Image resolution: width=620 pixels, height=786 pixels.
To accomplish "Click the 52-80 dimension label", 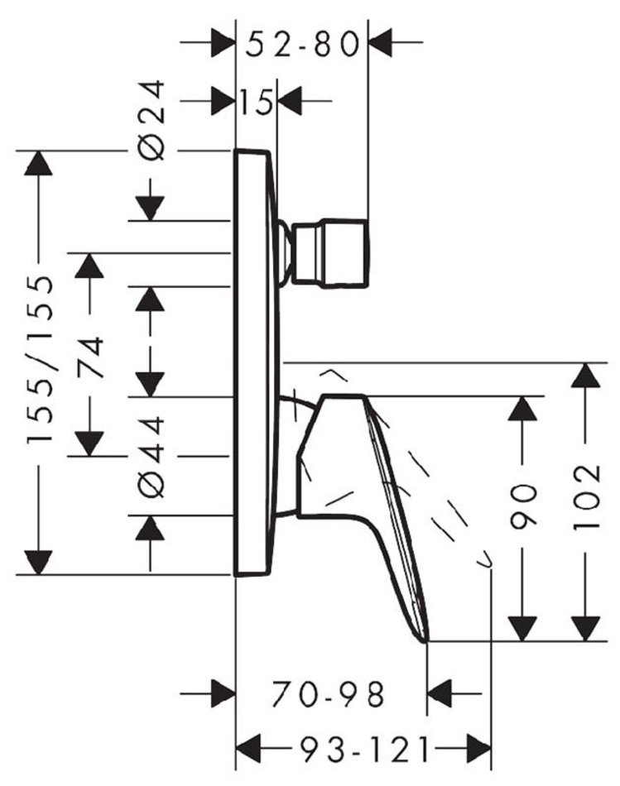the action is (x=302, y=44).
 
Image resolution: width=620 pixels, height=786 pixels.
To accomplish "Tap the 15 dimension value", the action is (x=257, y=103).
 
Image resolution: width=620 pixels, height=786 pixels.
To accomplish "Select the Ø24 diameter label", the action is (x=151, y=120).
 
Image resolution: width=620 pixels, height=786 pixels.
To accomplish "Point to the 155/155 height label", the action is (x=39, y=358).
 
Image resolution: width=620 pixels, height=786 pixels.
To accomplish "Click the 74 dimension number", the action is (x=91, y=357).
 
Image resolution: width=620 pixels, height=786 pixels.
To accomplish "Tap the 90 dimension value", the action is (x=523, y=507).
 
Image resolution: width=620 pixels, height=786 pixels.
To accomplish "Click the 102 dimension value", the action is (x=586, y=496).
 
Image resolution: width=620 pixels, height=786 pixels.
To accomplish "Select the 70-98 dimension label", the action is (x=329, y=695).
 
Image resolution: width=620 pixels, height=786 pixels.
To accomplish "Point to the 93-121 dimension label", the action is (x=365, y=750).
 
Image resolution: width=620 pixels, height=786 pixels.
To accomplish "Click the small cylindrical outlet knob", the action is (x=331, y=253).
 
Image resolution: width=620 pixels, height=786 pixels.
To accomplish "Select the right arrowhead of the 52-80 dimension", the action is (x=380, y=43).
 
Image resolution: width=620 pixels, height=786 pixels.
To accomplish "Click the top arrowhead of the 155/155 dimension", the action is (x=38, y=162).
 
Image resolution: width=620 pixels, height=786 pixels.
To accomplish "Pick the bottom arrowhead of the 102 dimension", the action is (x=586, y=629).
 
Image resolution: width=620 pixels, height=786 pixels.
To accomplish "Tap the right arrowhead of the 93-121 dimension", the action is (x=478, y=750).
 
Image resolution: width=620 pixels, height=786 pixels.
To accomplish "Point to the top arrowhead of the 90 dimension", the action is (x=522, y=408).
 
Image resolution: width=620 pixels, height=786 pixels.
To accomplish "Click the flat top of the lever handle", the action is (x=344, y=396).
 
